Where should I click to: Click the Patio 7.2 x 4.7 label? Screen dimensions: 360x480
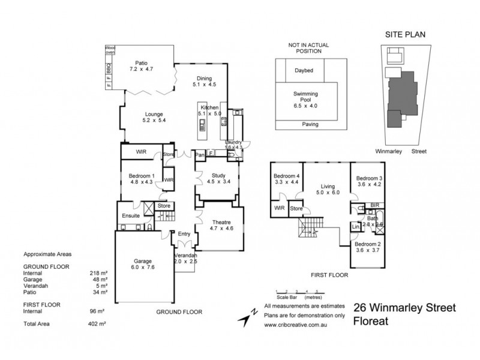pos(141,66)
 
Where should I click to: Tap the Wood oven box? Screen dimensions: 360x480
pos(110,49)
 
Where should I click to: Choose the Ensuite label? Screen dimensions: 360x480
pos(131,215)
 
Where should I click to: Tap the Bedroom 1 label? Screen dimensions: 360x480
pos(142,179)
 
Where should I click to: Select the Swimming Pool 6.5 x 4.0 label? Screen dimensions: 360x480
pos(305,100)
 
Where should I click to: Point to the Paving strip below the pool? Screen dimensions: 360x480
pos(305,125)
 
